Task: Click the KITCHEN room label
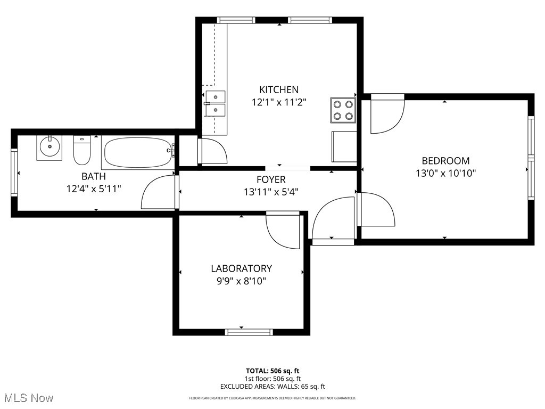279,89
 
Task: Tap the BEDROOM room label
445,160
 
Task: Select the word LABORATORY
241,268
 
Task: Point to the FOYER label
271,179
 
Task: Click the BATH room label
93,176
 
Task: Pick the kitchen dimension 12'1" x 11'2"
279,102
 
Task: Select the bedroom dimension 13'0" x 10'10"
445,173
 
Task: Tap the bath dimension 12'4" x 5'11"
94,189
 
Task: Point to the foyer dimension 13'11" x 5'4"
271,192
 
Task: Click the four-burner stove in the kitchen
343,110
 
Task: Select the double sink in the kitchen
215,104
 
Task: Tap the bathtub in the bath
138,153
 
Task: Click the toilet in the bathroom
82,150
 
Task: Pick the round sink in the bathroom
49,147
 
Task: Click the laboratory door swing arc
285,232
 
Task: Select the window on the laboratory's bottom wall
249,332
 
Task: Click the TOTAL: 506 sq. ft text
272,371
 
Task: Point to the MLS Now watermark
29,398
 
